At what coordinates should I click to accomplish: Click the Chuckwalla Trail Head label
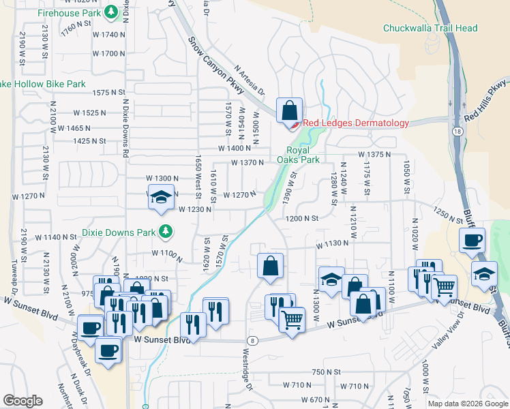430,29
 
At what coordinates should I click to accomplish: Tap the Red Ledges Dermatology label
355,123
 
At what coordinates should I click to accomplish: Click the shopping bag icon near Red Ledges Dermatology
288,111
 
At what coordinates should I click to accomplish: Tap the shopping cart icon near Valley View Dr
445,286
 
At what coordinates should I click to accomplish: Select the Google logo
22,401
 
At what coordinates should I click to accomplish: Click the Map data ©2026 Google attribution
468,404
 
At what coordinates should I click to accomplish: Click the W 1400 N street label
235,148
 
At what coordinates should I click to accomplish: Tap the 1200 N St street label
302,218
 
